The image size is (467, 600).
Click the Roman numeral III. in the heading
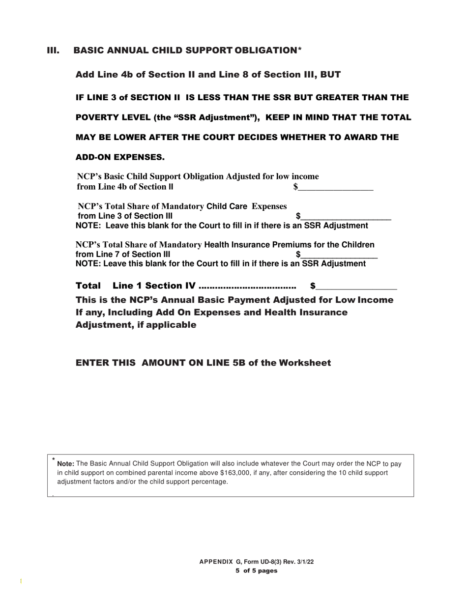click(x=53, y=51)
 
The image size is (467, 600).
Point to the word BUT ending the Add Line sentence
click(x=330, y=75)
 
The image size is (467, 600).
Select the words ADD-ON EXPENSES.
click(x=120, y=157)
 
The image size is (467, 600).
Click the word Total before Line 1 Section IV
click(x=88, y=286)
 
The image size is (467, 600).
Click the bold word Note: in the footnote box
click(x=66, y=464)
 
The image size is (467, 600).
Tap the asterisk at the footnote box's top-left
click(x=53, y=459)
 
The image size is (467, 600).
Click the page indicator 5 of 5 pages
click(x=256, y=571)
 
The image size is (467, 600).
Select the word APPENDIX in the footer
click(x=216, y=562)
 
